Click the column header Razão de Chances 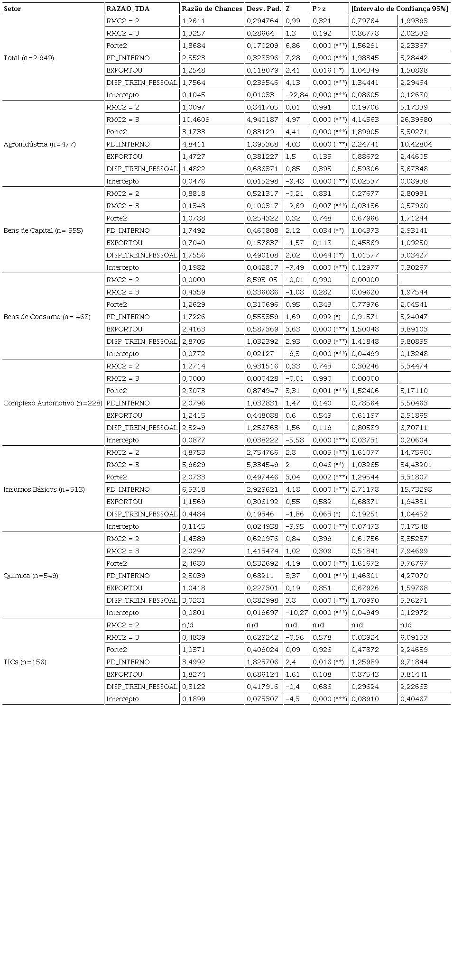212,9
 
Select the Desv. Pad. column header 264,9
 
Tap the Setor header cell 12,9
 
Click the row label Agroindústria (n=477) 39,144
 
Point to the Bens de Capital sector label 43,230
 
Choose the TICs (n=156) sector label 25,662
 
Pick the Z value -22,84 296,95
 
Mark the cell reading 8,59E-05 262,280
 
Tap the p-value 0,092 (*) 326,317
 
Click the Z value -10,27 296,613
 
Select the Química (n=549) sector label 31,576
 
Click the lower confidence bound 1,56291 365,46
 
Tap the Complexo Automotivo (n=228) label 53,403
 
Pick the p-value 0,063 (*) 326,514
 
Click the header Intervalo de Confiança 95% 400,9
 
